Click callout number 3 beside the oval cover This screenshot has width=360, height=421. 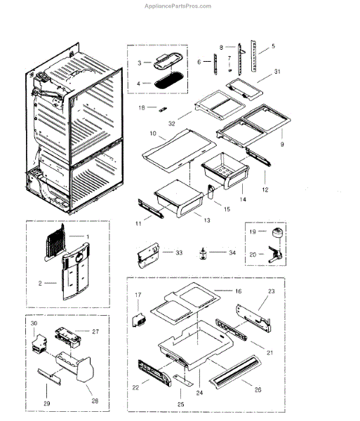[x=139, y=63]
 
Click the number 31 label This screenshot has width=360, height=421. [x=277, y=72]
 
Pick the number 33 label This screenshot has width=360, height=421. [x=179, y=251]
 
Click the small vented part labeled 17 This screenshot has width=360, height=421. [x=139, y=317]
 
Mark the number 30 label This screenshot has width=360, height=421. [x=34, y=323]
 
